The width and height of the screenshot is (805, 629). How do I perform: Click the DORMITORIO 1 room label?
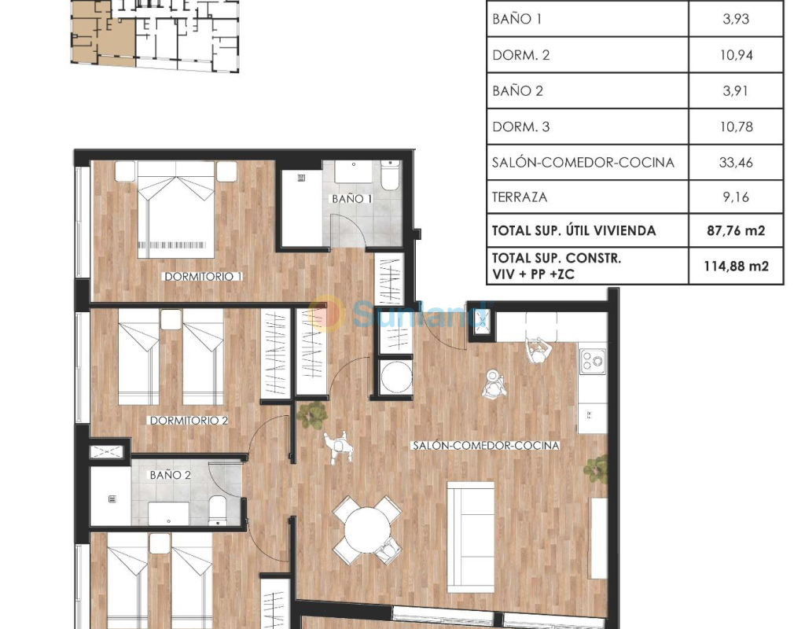point(204,277)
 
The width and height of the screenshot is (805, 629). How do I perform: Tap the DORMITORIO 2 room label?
point(189,421)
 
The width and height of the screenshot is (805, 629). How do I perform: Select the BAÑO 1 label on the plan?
point(351,199)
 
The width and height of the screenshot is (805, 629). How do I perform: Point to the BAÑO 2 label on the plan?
point(171,475)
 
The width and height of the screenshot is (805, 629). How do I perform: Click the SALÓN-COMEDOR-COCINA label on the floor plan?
point(486,446)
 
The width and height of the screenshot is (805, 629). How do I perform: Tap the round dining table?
point(368,530)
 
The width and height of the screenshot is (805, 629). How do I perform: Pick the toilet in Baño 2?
point(218,511)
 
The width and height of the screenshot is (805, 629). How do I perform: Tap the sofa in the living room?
point(471,535)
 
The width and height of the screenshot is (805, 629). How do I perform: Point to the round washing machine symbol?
point(396,378)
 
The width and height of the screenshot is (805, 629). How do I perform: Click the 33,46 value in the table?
point(736,163)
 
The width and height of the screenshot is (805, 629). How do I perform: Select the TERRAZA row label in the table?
point(520,197)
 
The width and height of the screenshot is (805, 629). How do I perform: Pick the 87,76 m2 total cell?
point(736,230)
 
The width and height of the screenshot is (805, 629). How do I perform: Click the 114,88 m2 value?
point(736,266)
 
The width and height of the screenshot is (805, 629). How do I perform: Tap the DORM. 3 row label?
point(520,127)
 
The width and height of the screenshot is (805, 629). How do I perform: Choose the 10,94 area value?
point(736,55)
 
